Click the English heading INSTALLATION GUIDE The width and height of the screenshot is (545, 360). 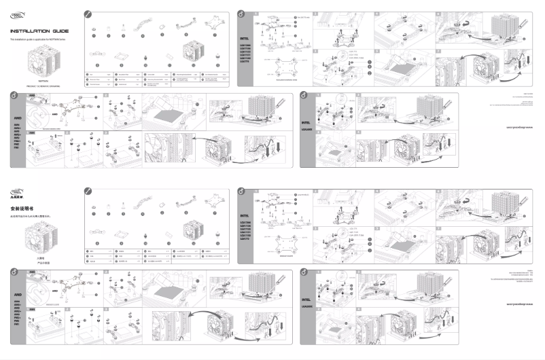click(x=39, y=31)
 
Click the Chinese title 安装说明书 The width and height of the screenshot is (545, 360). click(x=22, y=208)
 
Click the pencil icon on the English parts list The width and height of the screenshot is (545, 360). click(x=86, y=14)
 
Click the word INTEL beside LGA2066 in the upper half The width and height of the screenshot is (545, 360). click(x=306, y=122)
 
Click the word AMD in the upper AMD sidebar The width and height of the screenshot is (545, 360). click(x=16, y=116)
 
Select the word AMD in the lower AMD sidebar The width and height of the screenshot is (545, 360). click(x=16, y=293)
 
